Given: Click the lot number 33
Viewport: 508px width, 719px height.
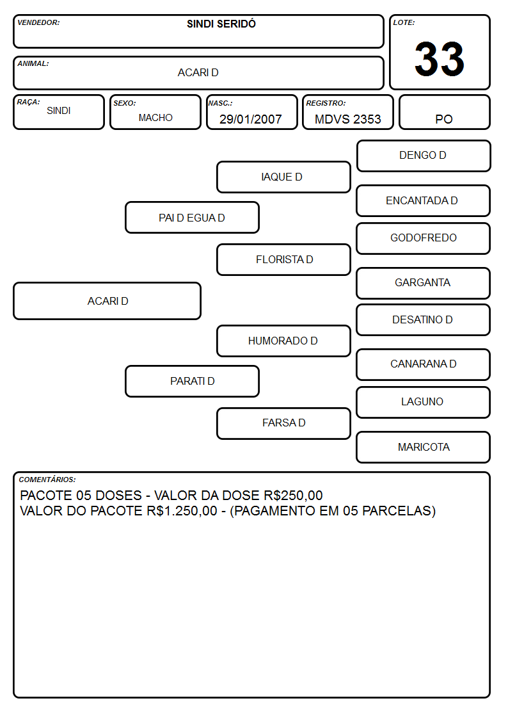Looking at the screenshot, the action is [440, 59].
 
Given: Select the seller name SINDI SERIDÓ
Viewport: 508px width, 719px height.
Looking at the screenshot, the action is [221, 24].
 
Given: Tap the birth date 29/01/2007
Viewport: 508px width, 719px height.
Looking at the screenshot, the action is [251, 119].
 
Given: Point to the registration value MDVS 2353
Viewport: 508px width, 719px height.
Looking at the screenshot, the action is [347, 119].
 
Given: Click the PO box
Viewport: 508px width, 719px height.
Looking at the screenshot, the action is [444, 112].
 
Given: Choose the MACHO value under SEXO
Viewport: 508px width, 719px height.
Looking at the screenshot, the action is [155, 118].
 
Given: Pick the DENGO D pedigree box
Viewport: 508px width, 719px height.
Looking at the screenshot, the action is [424, 156].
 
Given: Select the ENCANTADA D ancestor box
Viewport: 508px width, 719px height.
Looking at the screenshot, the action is [423, 201].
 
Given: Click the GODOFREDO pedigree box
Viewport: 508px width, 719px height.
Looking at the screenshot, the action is [423, 238].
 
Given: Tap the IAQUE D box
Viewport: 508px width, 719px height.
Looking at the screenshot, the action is [283, 177].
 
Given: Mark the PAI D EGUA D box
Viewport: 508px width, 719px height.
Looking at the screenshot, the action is [192, 217].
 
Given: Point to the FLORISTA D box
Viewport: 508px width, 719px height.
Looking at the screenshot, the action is [283, 259].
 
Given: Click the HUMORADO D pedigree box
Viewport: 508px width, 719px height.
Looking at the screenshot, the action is [283, 341].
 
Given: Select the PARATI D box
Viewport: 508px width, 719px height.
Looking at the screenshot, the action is [192, 381].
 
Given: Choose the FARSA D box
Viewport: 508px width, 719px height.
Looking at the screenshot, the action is [283, 423].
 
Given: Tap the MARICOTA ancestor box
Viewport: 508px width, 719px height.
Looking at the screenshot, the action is [423, 447].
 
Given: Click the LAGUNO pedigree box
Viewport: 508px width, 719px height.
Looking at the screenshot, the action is [423, 402].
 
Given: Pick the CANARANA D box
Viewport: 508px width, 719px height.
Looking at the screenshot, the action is [423, 364].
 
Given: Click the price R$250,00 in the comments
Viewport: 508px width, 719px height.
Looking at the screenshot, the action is [293, 496].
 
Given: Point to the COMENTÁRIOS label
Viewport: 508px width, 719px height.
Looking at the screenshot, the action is [47, 480].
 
